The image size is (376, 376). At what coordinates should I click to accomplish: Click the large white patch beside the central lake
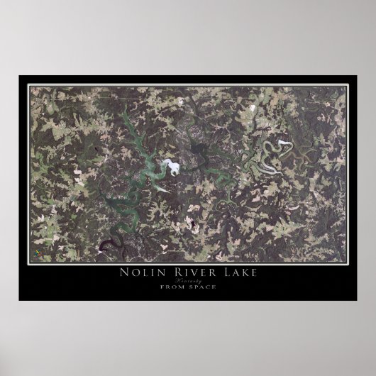pyautogui.click(x=171, y=169)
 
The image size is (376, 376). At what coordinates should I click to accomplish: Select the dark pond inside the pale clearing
pyautogui.click(x=191, y=228)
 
